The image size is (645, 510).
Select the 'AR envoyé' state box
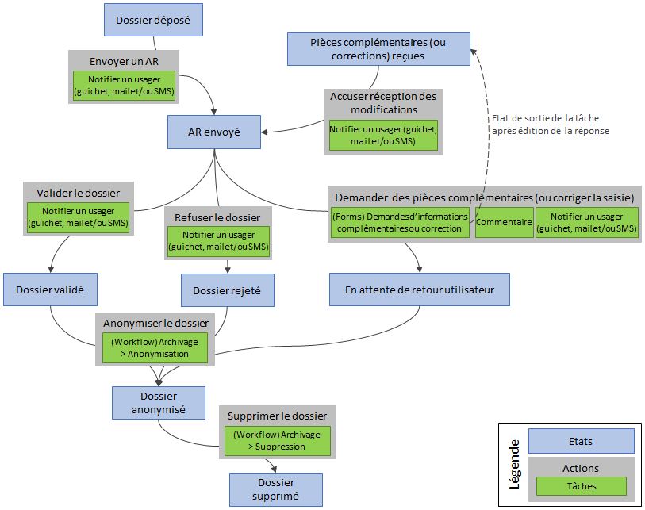[213, 132]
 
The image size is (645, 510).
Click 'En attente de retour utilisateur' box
[419, 290]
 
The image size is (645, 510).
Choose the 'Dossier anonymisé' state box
[159, 402]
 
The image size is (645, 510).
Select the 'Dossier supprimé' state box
[276, 489]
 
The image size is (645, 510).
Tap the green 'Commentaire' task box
[504, 223]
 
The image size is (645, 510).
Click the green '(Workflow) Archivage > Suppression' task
[276, 441]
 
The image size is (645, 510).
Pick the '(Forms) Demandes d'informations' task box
[400, 223]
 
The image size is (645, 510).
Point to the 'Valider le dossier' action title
[79, 193]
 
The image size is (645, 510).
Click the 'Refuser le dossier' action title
[217, 217]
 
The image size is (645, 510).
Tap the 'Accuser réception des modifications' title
[384, 103]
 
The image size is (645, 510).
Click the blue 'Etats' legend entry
[581, 441]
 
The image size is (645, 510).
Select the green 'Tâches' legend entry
[581, 486]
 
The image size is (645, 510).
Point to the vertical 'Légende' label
[514, 463]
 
